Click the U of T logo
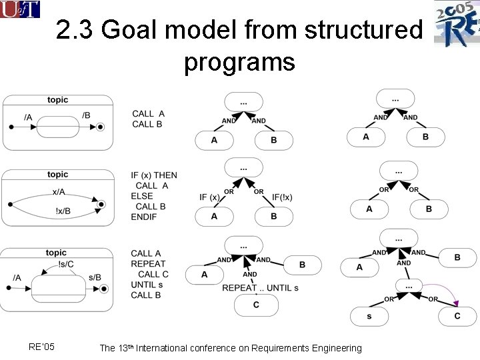click(20, 9)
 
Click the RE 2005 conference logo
click(457, 24)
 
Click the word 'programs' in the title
click(239, 62)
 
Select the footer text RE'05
click(42, 347)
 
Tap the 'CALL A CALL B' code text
click(148, 119)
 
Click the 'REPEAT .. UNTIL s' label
click(260, 288)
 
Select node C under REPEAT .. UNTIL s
click(256, 305)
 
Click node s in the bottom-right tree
click(369, 315)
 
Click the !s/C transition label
click(67, 263)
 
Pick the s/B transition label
click(95, 277)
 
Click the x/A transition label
click(59, 192)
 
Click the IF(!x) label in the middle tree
click(282, 197)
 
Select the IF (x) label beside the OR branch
click(209, 197)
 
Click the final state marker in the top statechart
click(101, 127)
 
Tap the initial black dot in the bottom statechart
click(9, 288)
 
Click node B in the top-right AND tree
click(425, 137)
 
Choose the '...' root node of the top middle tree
click(244, 102)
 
